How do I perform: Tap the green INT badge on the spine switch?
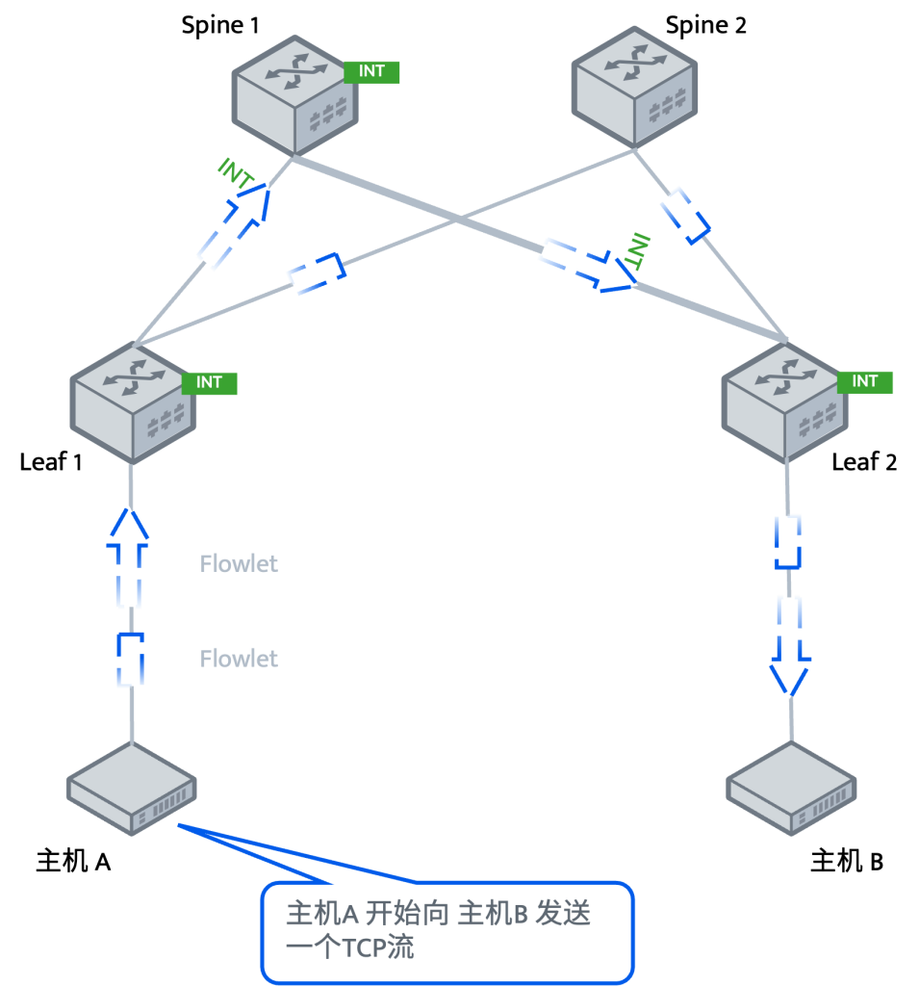click(371, 71)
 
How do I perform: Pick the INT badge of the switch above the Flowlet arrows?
click(209, 382)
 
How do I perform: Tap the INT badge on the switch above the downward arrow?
click(865, 381)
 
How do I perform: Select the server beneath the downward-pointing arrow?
click(791, 788)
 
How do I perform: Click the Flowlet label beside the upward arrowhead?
click(239, 563)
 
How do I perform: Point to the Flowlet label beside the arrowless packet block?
click(239, 659)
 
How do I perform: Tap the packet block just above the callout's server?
click(130, 660)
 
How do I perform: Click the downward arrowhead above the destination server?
click(790, 674)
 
